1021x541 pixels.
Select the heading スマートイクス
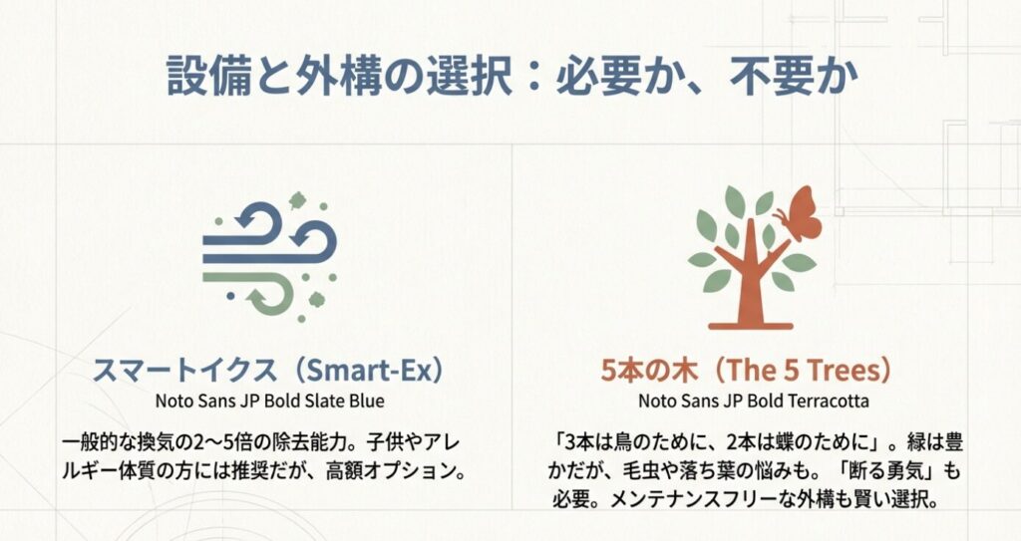(182, 371)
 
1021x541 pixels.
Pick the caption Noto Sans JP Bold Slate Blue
(269, 402)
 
